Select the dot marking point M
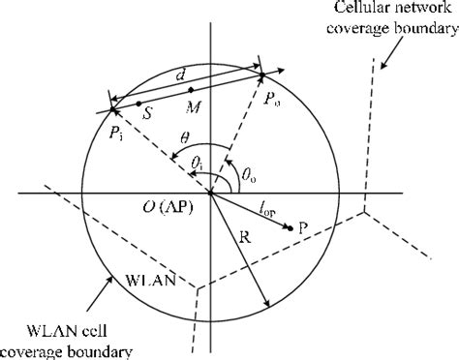tap(191, 91)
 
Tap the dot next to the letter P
tap(291, 228)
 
